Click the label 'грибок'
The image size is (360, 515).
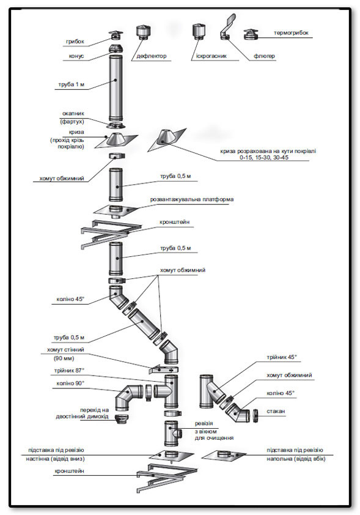[x=75, y=42]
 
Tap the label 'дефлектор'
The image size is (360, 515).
[x=152, y=56]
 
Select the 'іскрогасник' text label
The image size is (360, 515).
[x=211, y=56]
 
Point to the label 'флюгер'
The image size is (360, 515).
[x=264, y=56]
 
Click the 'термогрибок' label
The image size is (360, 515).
[x=291, y=33]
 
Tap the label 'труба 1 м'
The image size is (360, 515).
[x=72, y=84]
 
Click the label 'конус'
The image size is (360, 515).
[x=76, y=56]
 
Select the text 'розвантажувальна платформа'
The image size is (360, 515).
[x=192, y=199]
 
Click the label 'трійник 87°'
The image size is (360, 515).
[x=69, y=371]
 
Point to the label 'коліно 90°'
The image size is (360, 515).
[x=70, y=383]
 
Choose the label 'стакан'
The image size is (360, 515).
[x=276, y=411]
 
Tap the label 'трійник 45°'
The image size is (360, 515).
[x=282, y=357]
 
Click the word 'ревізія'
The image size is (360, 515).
[x=204, y=423]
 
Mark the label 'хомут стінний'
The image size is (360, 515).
[x=65, y=350]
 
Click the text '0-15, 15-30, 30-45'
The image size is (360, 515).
[x=264, y=158]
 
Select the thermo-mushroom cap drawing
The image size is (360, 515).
[x=251, y=34]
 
